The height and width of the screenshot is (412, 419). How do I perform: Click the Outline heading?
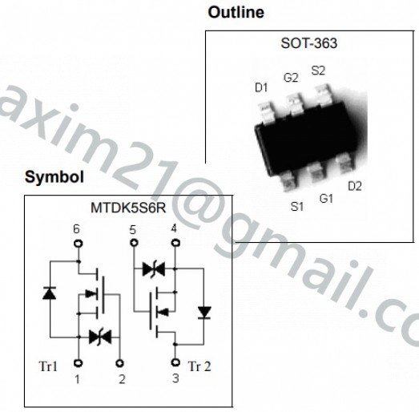(x=236, y=13)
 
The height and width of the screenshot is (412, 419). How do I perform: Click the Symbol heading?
(x=54, y=177)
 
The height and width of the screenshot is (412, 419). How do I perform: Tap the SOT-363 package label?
(x=309, y=43)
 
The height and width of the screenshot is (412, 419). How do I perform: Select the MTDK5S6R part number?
(x=128, y=208)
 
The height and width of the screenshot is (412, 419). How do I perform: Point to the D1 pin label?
(x=261, y=87)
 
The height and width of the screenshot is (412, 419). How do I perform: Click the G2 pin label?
(x=291, y=78)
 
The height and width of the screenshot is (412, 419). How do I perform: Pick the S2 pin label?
(x=318, y=71)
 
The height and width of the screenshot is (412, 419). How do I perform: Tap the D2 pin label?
(x=355, y=186)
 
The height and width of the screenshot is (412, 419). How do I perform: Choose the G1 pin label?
(x=326, y=198)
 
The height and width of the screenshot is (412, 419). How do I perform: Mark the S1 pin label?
(x=297, y=207)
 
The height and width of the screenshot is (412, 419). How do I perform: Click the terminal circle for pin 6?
(x=78, y=244)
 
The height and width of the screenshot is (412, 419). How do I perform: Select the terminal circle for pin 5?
(x=134, y=243)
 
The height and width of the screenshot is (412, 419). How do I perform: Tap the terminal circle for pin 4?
(x=175, y=243)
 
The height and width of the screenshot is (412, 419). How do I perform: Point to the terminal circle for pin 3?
(x=175, y=362)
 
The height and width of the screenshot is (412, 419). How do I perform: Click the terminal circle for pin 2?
(x=119, y=363)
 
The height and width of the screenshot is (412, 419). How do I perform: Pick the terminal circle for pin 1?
(x=78, y=363)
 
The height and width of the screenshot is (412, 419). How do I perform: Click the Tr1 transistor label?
(x=48, y=366)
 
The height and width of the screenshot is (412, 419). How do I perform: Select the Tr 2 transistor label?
(x=199, y=366)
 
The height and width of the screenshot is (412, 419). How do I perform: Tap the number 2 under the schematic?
(x=122, y=379)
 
